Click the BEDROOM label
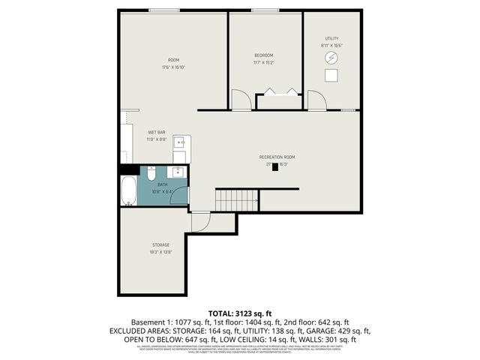pyautogui.click(x=263, y=55)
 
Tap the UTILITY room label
pyautogui.click(x=331, y=38)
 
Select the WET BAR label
pyautogui.click(x=156, y=132)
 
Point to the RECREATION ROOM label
pyautogui.click(x=277, y=156)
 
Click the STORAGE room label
pyautogui.click(x=161, y=244)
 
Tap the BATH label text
pyautogui.click(x=163, y=184)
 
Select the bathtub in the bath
pyautogui.click(x=129, y=191)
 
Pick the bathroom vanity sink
pyautogui.click(x=179, y=172)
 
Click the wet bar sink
pyautogui.click(x=180, y=142)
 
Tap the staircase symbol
pyautogui.click(x=237, y=200)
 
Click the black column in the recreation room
pyautogui.click(x=275, y=167)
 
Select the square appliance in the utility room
pyautogui.click(x=331, y=76)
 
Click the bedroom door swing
pyautogui.click(x=240, y=99)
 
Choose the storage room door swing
pyautogui.click(x=200, y=221)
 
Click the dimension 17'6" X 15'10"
pyautogui.click(x=173, y=67)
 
